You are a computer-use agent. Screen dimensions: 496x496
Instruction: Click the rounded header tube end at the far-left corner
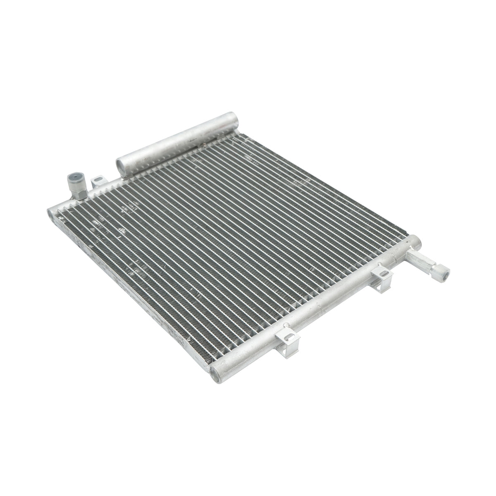click(x=52, y=212)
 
